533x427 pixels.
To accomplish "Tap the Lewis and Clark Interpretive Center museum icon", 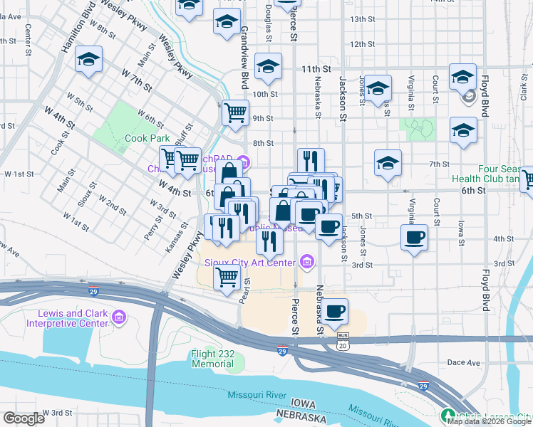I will (119, 315).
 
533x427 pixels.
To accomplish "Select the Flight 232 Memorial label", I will (212, 359).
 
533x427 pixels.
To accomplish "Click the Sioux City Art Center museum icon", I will (307, 262).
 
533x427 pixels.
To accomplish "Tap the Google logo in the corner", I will (23, 418).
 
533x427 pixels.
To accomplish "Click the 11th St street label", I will (316, 69).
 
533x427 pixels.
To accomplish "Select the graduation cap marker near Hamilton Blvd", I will (89, 59).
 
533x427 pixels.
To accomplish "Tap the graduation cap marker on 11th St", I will (267, 68).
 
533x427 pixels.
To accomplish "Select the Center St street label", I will (29, 40).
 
